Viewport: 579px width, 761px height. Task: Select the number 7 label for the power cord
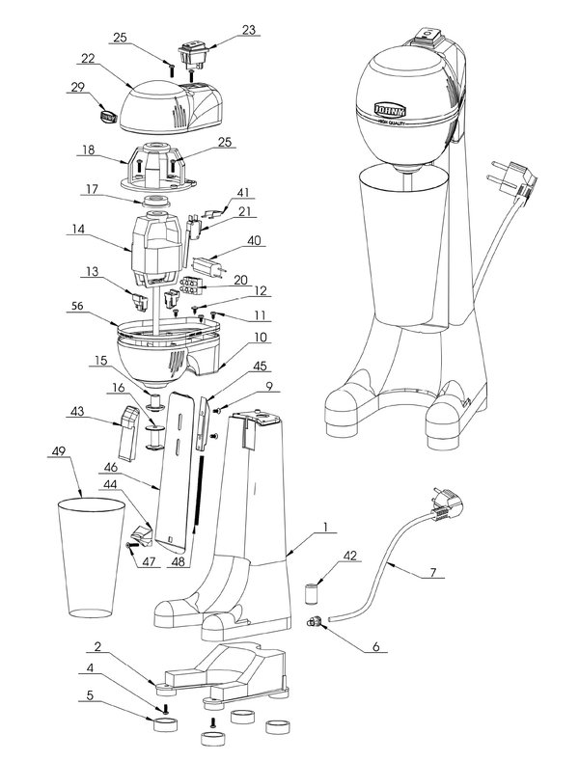[x=431, y=572]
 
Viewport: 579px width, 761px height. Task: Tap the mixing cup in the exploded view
[x=92, y=555]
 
